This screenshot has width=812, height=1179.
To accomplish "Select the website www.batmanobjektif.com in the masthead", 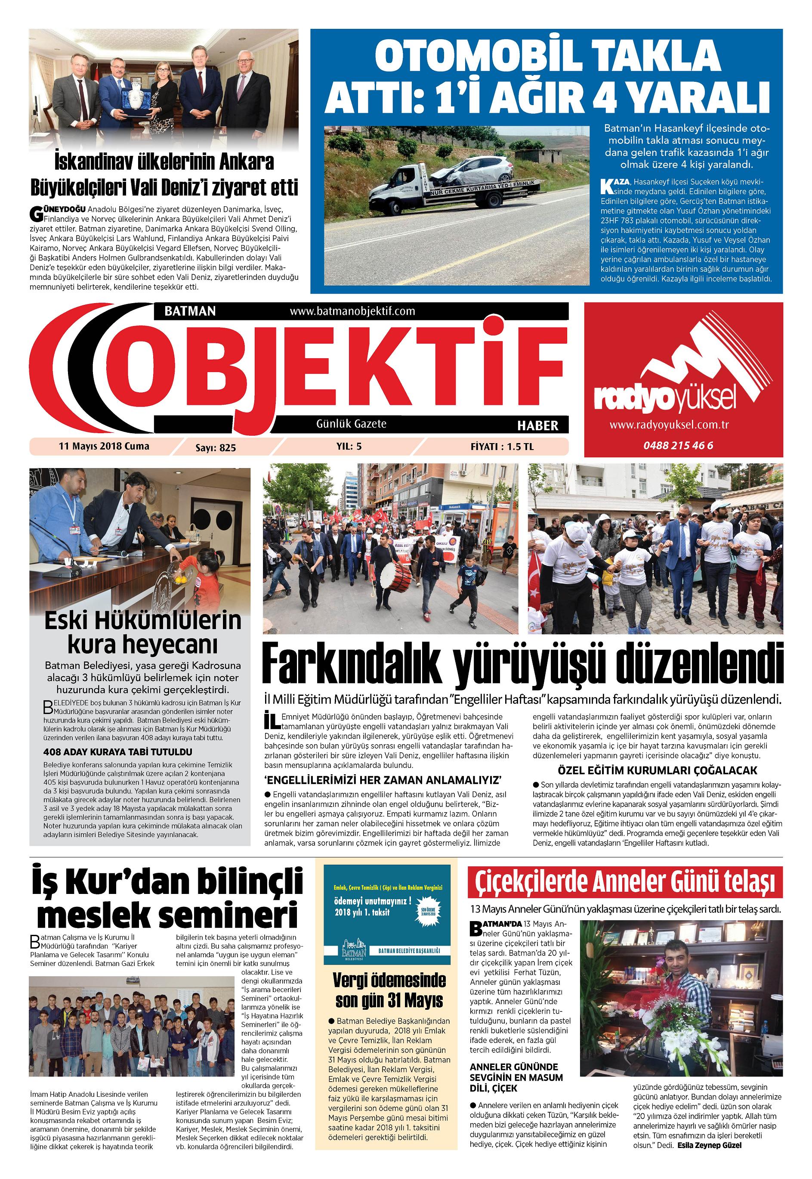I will pos(352,310).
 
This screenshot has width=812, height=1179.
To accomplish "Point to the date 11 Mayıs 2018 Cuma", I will pos(104,446).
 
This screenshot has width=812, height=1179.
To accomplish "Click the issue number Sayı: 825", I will pos(216,447).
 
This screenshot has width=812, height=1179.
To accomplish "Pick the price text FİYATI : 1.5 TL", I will pos(502,447).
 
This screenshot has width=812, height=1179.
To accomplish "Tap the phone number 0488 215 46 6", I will pos(678,445).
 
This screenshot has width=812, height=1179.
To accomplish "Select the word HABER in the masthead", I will pos(537,425).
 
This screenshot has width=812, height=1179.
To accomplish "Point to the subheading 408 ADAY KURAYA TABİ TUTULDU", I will pos(117,751).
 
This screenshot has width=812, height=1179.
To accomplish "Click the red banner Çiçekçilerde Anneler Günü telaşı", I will pos(625,882).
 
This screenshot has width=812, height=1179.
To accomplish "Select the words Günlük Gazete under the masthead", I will pos(351,424).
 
